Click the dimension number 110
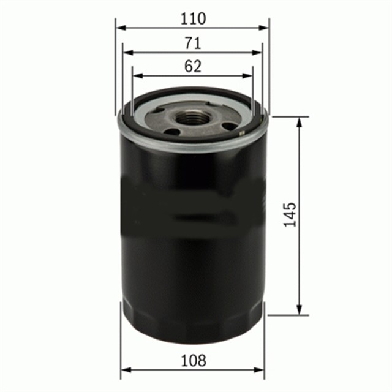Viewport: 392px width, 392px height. [x=193, y=18]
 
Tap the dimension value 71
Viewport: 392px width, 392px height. [x=193, y=43]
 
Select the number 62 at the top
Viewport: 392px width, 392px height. [x=192, y=67]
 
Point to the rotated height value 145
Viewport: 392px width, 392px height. [x=290, y=215]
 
